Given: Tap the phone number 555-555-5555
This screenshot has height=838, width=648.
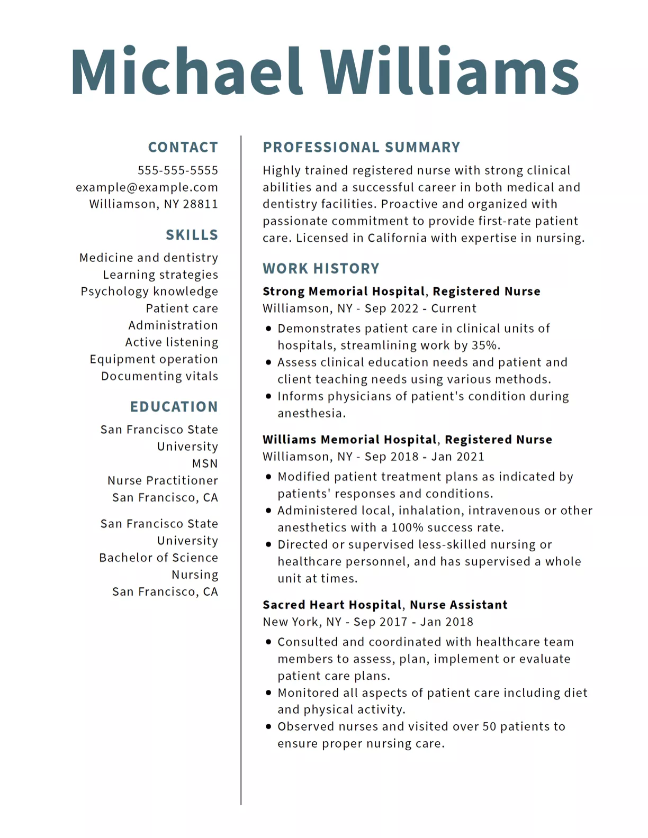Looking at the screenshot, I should (x=178, y=170).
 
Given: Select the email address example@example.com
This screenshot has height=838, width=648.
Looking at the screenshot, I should (x=147, y=187).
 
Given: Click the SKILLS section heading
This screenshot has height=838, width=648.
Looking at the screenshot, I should (x=192, y=235).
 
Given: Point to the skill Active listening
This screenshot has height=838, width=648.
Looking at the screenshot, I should (x=172, y=342).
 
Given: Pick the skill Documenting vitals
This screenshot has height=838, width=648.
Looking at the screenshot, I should (x=159, y=376).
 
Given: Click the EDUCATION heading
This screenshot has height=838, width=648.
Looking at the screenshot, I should (x=174, y=407).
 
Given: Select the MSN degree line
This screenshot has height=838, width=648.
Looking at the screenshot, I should (x=205, y=463).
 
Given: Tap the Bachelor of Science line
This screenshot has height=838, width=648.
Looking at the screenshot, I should (x=158, y=558).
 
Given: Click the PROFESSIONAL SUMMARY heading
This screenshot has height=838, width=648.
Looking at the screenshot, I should (x=362, y=147).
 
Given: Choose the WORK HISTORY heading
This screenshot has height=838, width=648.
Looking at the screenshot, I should (x=321, y=269).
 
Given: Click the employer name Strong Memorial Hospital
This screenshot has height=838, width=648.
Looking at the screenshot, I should (x=344, y=292).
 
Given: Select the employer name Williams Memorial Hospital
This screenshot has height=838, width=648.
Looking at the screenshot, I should (x=349, y=440).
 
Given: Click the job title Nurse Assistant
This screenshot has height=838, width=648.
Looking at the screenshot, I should (x=458, y=605).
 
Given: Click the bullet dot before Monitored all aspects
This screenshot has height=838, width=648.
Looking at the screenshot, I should (x=268, y=693).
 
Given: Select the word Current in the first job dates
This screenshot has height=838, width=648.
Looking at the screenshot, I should (x=454, y=308).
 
